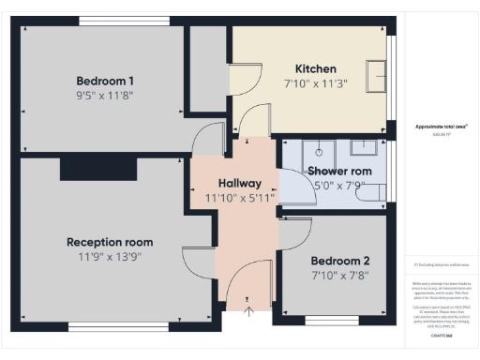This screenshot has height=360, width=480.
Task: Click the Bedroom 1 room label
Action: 105,81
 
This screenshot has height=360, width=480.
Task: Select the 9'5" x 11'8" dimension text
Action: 105,95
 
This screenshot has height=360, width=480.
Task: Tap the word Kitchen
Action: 315,69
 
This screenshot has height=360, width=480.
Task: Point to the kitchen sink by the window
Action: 377,73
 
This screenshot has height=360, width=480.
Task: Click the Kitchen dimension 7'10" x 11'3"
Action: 315,83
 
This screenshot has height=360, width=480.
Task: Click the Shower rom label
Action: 339,172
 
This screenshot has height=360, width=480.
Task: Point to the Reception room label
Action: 110,242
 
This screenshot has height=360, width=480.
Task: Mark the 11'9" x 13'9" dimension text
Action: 110,256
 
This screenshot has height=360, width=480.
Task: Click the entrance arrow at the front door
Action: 247,310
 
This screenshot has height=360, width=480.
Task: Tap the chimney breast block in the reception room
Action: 99,169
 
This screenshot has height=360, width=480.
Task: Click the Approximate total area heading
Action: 440,126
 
